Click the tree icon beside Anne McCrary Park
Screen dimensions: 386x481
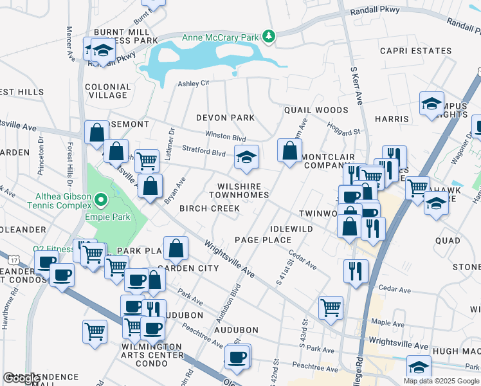[269, 37]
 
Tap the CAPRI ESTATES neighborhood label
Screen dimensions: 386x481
[415, 51]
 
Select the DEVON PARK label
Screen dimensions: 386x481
[225, 118]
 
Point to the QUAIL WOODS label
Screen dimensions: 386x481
[316, 111]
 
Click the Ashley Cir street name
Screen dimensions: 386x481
[194, 83]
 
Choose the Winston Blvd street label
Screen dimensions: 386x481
[225, 137]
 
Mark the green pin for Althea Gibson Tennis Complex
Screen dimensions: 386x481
[100, 201]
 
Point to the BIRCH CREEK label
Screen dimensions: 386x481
[210, 208]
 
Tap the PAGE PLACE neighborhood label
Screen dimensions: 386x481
[264, 240]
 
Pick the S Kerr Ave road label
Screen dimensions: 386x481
[354, 82]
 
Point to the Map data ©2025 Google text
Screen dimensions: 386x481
[441, 381]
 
